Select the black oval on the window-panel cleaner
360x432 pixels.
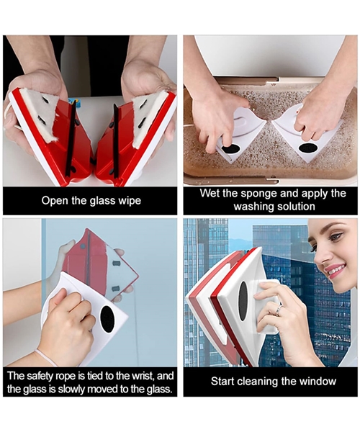[x=243, y=301]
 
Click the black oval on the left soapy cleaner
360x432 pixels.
[x=230, y=149]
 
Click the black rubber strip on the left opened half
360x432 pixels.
[x=71, y=138]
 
